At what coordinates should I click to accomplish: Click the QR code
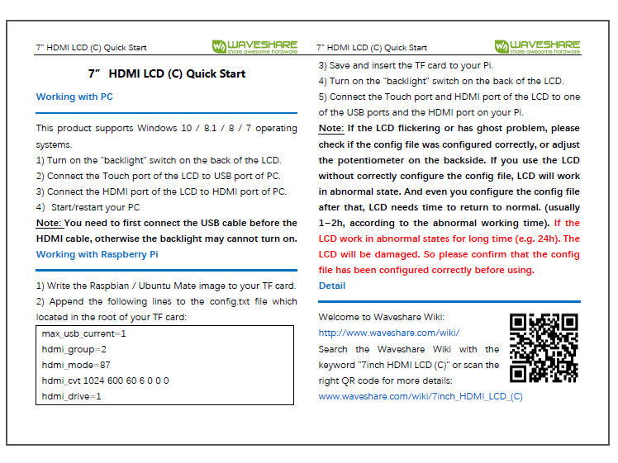click(x=543, y=347)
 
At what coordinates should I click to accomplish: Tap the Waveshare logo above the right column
click(x=537, y=46)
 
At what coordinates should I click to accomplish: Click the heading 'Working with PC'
click(x=74, y=97)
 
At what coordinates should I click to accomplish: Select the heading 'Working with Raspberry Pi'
click(x=97, y=254)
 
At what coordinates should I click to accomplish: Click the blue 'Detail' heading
click(x=332, y=286)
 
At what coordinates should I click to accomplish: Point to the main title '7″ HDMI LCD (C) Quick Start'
click(x=166, y=73)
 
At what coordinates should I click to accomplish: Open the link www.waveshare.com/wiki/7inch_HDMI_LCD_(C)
click(x=421, y=396)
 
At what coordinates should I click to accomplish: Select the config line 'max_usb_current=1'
click(x=83, y=333)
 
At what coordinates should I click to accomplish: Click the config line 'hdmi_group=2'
click(x=74, y=349)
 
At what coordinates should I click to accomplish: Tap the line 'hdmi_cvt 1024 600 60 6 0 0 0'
click(x=105, y=380)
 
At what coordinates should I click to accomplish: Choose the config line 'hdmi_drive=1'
click(x=71, y=396)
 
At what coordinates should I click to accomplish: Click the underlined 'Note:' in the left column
click(x=48, y=223)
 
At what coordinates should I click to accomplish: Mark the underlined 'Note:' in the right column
click(x=331, y=129)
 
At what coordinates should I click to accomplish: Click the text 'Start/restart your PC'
click(x=95, y=207)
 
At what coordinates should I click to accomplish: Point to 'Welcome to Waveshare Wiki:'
click(x=381, y=317)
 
